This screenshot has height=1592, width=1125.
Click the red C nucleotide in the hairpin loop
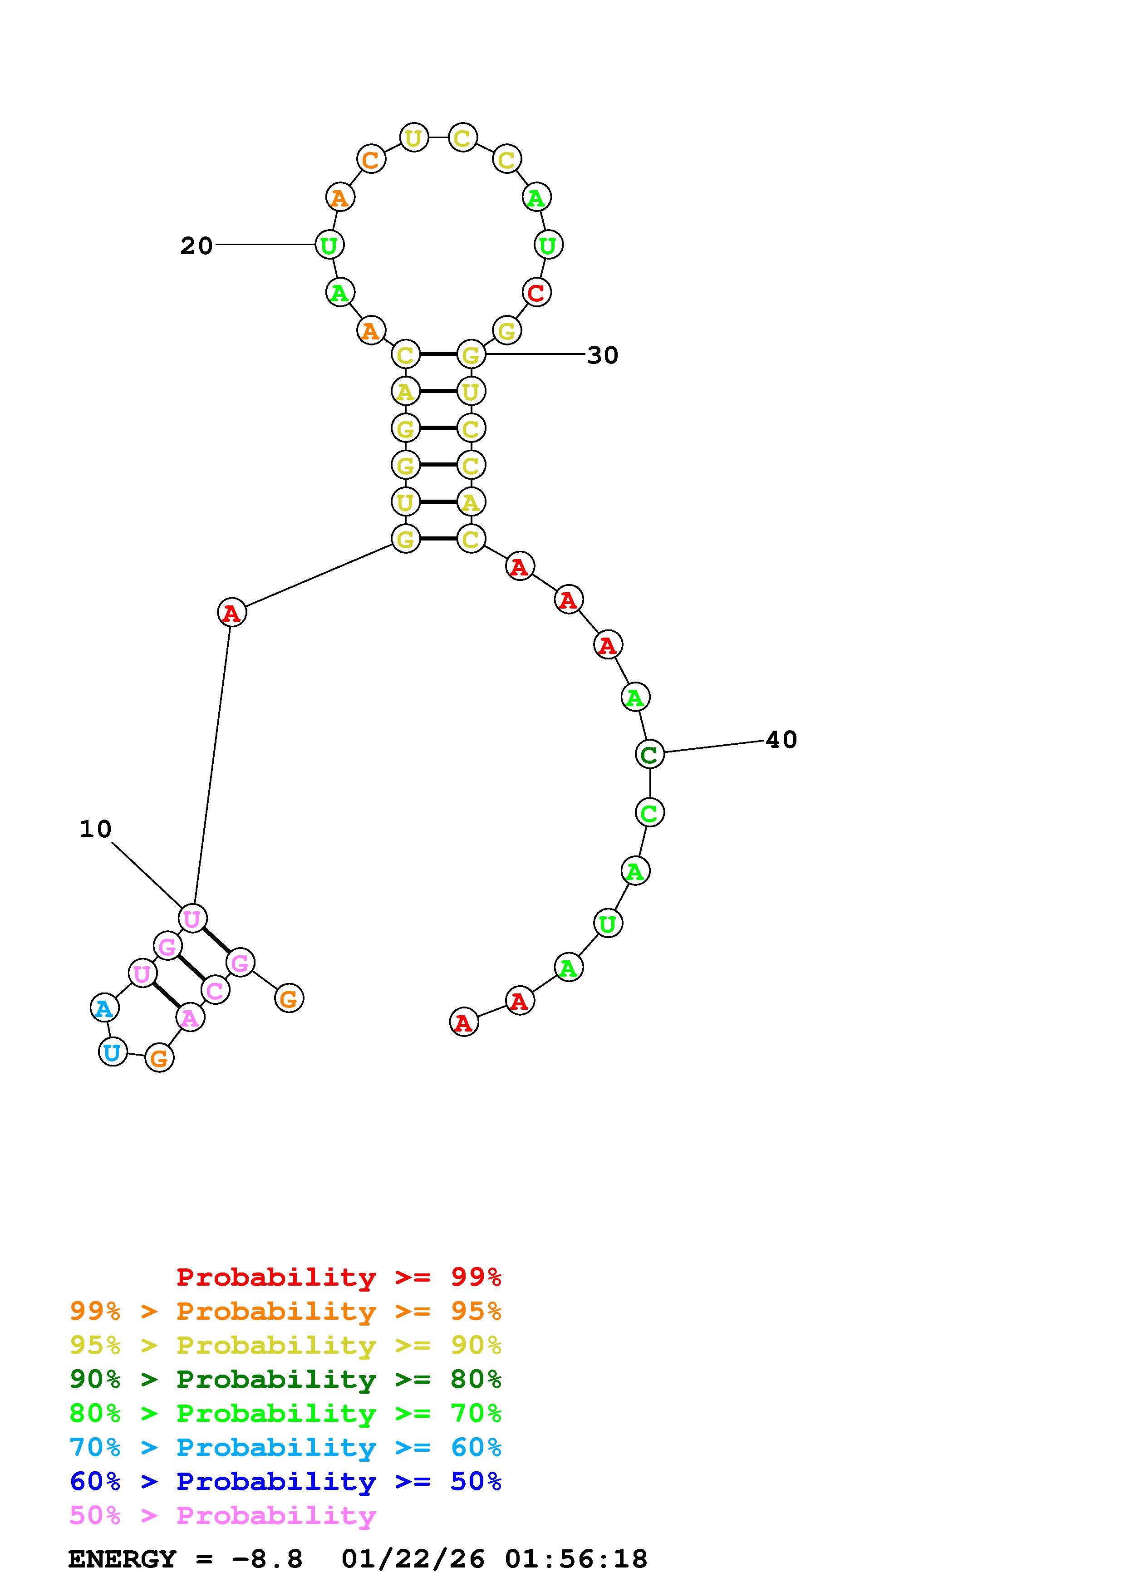(x=536, y=293)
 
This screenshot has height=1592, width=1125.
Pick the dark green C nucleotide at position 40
(x=649, y=754)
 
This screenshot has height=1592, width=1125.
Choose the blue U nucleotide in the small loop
(x=112, y=1052)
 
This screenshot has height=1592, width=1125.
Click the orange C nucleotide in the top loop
(x=371, y=159)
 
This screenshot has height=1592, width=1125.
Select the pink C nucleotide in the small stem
(x=215, y=990)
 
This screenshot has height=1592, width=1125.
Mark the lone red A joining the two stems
(x=231, y=613)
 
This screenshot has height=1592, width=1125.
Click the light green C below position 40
(x=649, y=813)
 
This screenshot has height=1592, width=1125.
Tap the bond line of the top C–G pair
(x=438, y=354)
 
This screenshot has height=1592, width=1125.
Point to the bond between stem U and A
(x=438, y=501)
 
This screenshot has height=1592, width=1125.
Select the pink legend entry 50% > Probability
(x=222, y=1515)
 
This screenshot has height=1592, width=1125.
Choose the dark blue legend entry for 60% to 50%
(x=285, y=1481)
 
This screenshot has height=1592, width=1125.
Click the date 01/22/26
(x=413, y=1559)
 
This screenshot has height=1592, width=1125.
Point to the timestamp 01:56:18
(x=576, y=1559)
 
